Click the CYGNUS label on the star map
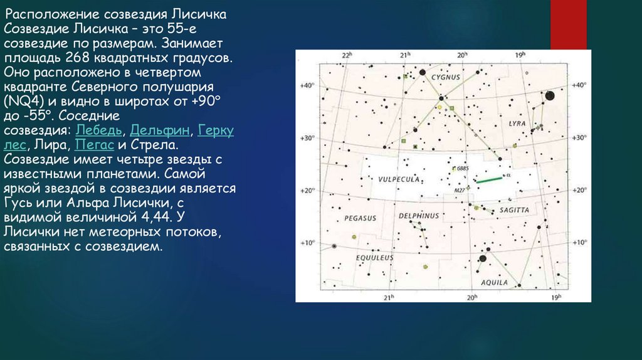[446, 77]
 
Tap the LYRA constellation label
[517, 124]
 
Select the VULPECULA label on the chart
[399, 179]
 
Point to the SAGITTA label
[514, 210]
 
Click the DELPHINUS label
[419, 216]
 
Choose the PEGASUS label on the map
[360, 218]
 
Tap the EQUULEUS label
[375, 258]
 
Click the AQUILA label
[494, 283]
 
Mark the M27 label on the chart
[460, 191]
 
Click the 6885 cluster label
[463, 168]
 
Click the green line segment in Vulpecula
[489, 179]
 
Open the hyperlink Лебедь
[98, 130]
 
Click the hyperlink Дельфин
[160, 130]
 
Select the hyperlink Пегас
[94, 145]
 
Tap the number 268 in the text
[77, 58]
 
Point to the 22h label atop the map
[347, 55]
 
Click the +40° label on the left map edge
[307, 85]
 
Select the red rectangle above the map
[568, 25]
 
